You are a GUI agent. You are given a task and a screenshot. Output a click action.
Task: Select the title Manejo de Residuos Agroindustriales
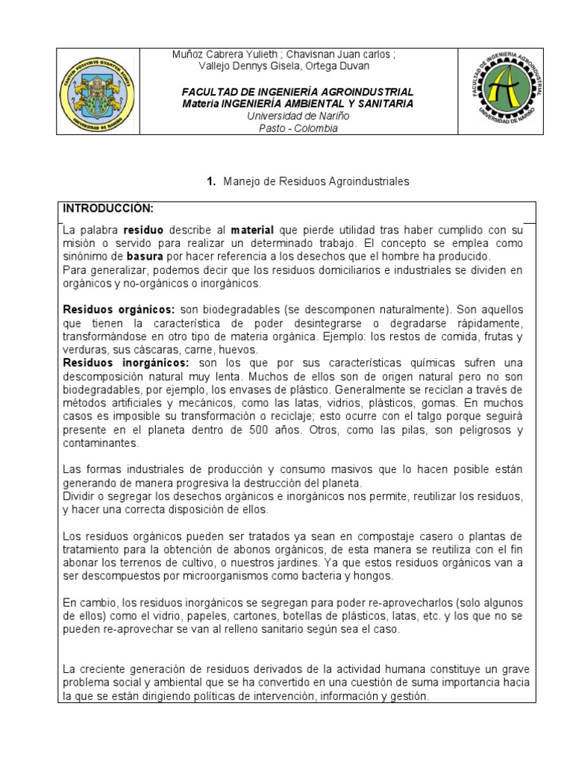317,181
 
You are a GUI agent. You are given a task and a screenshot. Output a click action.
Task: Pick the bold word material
252,230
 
